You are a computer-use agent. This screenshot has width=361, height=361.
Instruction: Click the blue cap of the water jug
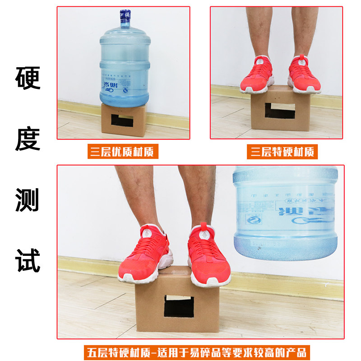125,18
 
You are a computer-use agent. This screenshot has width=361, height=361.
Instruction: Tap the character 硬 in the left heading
28,78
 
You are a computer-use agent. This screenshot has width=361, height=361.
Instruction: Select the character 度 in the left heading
28,139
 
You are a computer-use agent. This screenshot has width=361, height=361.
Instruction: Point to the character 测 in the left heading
28,199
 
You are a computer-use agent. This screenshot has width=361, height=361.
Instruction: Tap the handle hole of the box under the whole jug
122,120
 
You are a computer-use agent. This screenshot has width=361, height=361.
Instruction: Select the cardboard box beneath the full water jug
124,120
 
